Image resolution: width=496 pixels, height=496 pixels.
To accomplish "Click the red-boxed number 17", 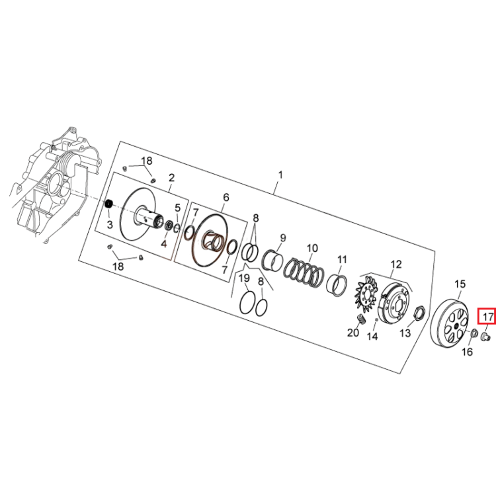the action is tap(487, 316).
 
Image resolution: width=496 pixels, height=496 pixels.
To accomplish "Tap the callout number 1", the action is tap(280, 175).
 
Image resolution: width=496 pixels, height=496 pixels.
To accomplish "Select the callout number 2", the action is tap(171, 178).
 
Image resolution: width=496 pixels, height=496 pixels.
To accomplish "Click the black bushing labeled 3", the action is tap(109, 204).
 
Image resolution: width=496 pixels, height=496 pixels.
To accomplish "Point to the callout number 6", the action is tap(226, 197).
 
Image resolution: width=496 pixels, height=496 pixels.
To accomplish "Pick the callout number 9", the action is tap(283, 238).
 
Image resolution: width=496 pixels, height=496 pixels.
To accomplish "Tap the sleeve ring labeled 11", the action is tap(337, 284).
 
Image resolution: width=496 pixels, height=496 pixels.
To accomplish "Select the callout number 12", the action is tap(396, 265).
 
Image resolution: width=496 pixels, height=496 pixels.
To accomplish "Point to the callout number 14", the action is tap(372, 336).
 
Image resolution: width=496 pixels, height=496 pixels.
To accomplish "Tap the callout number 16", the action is tap(467, 352).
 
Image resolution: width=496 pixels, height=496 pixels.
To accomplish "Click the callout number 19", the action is tap(244, 278).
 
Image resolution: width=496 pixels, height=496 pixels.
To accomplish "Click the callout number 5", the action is tap(177, 208).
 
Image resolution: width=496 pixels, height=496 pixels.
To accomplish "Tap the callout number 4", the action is tap(163, 244).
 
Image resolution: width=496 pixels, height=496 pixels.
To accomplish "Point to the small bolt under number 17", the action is tap(485, 337).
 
